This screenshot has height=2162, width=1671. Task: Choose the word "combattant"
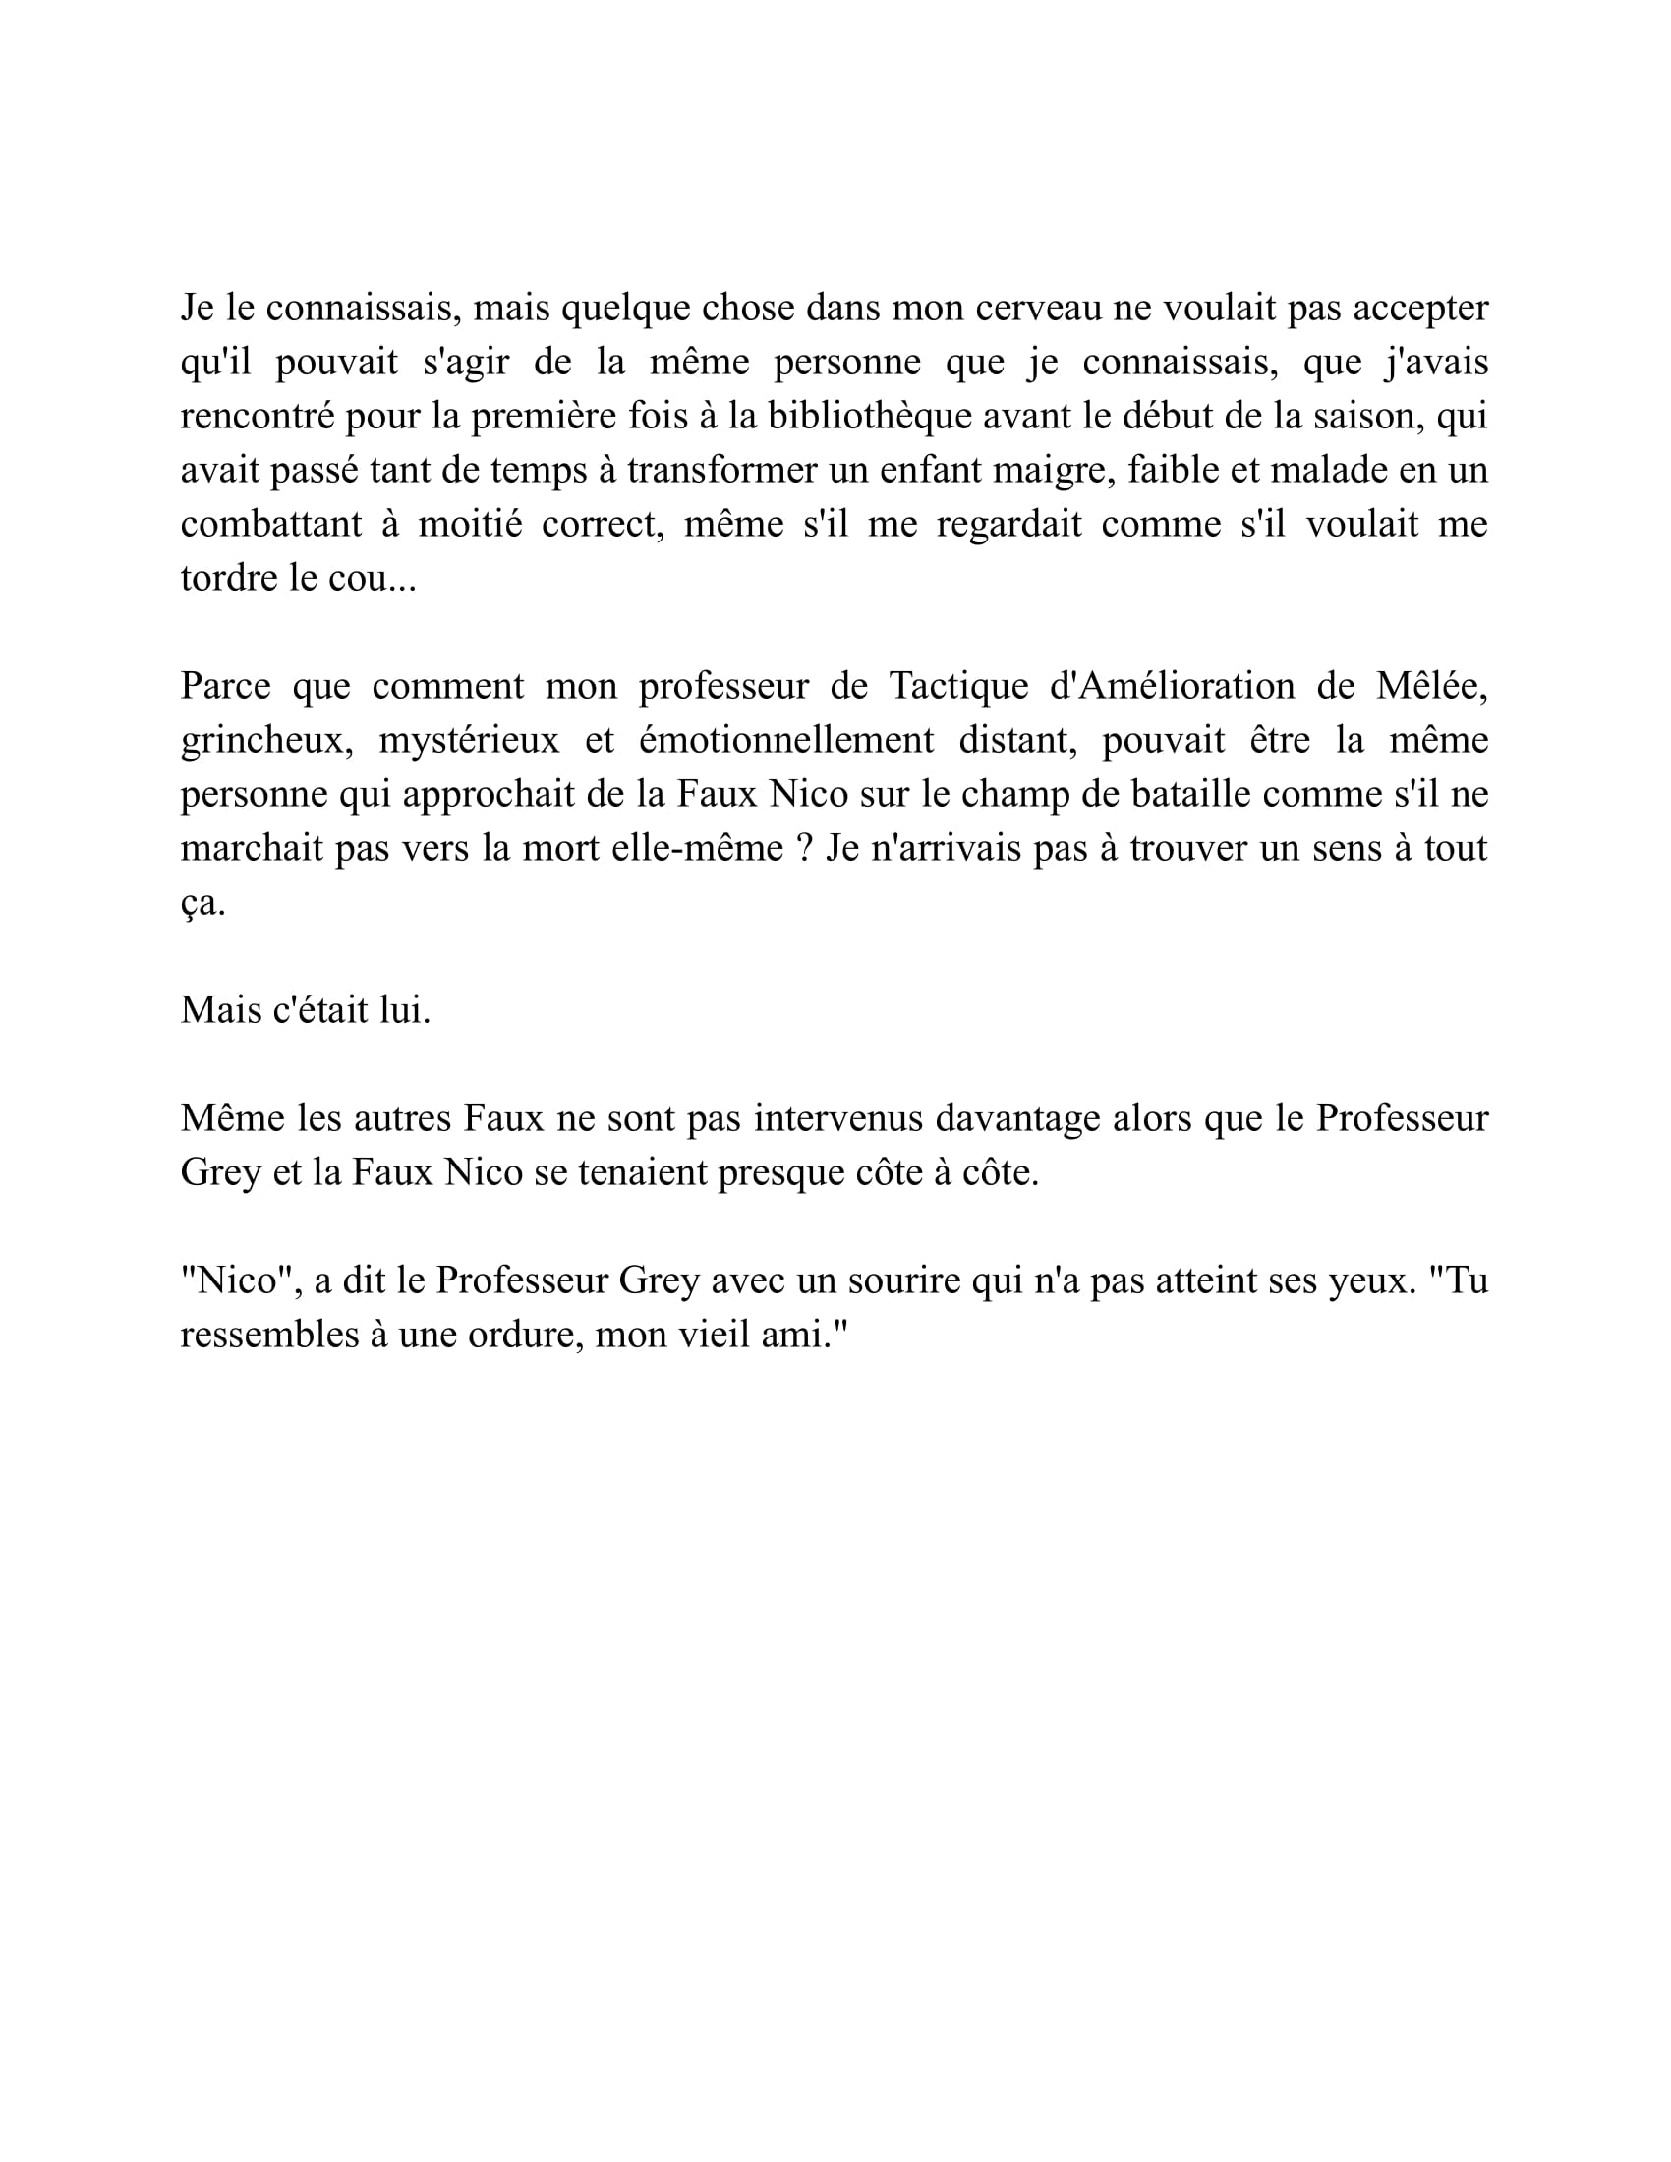tap(271, 524)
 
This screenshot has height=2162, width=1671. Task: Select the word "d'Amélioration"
tap(1171, 686)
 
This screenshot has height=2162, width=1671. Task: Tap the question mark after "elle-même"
tap(805, 848)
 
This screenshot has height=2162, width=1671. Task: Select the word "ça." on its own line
tap(202, 903)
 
